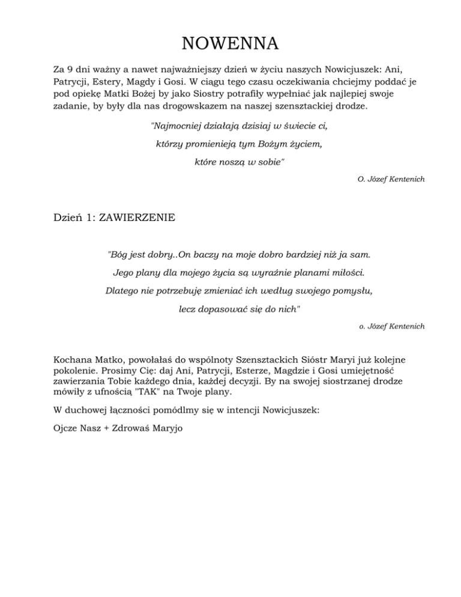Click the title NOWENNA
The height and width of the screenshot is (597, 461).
[x=230, y=44]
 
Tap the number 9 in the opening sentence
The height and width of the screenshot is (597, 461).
[x=69, y=70]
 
